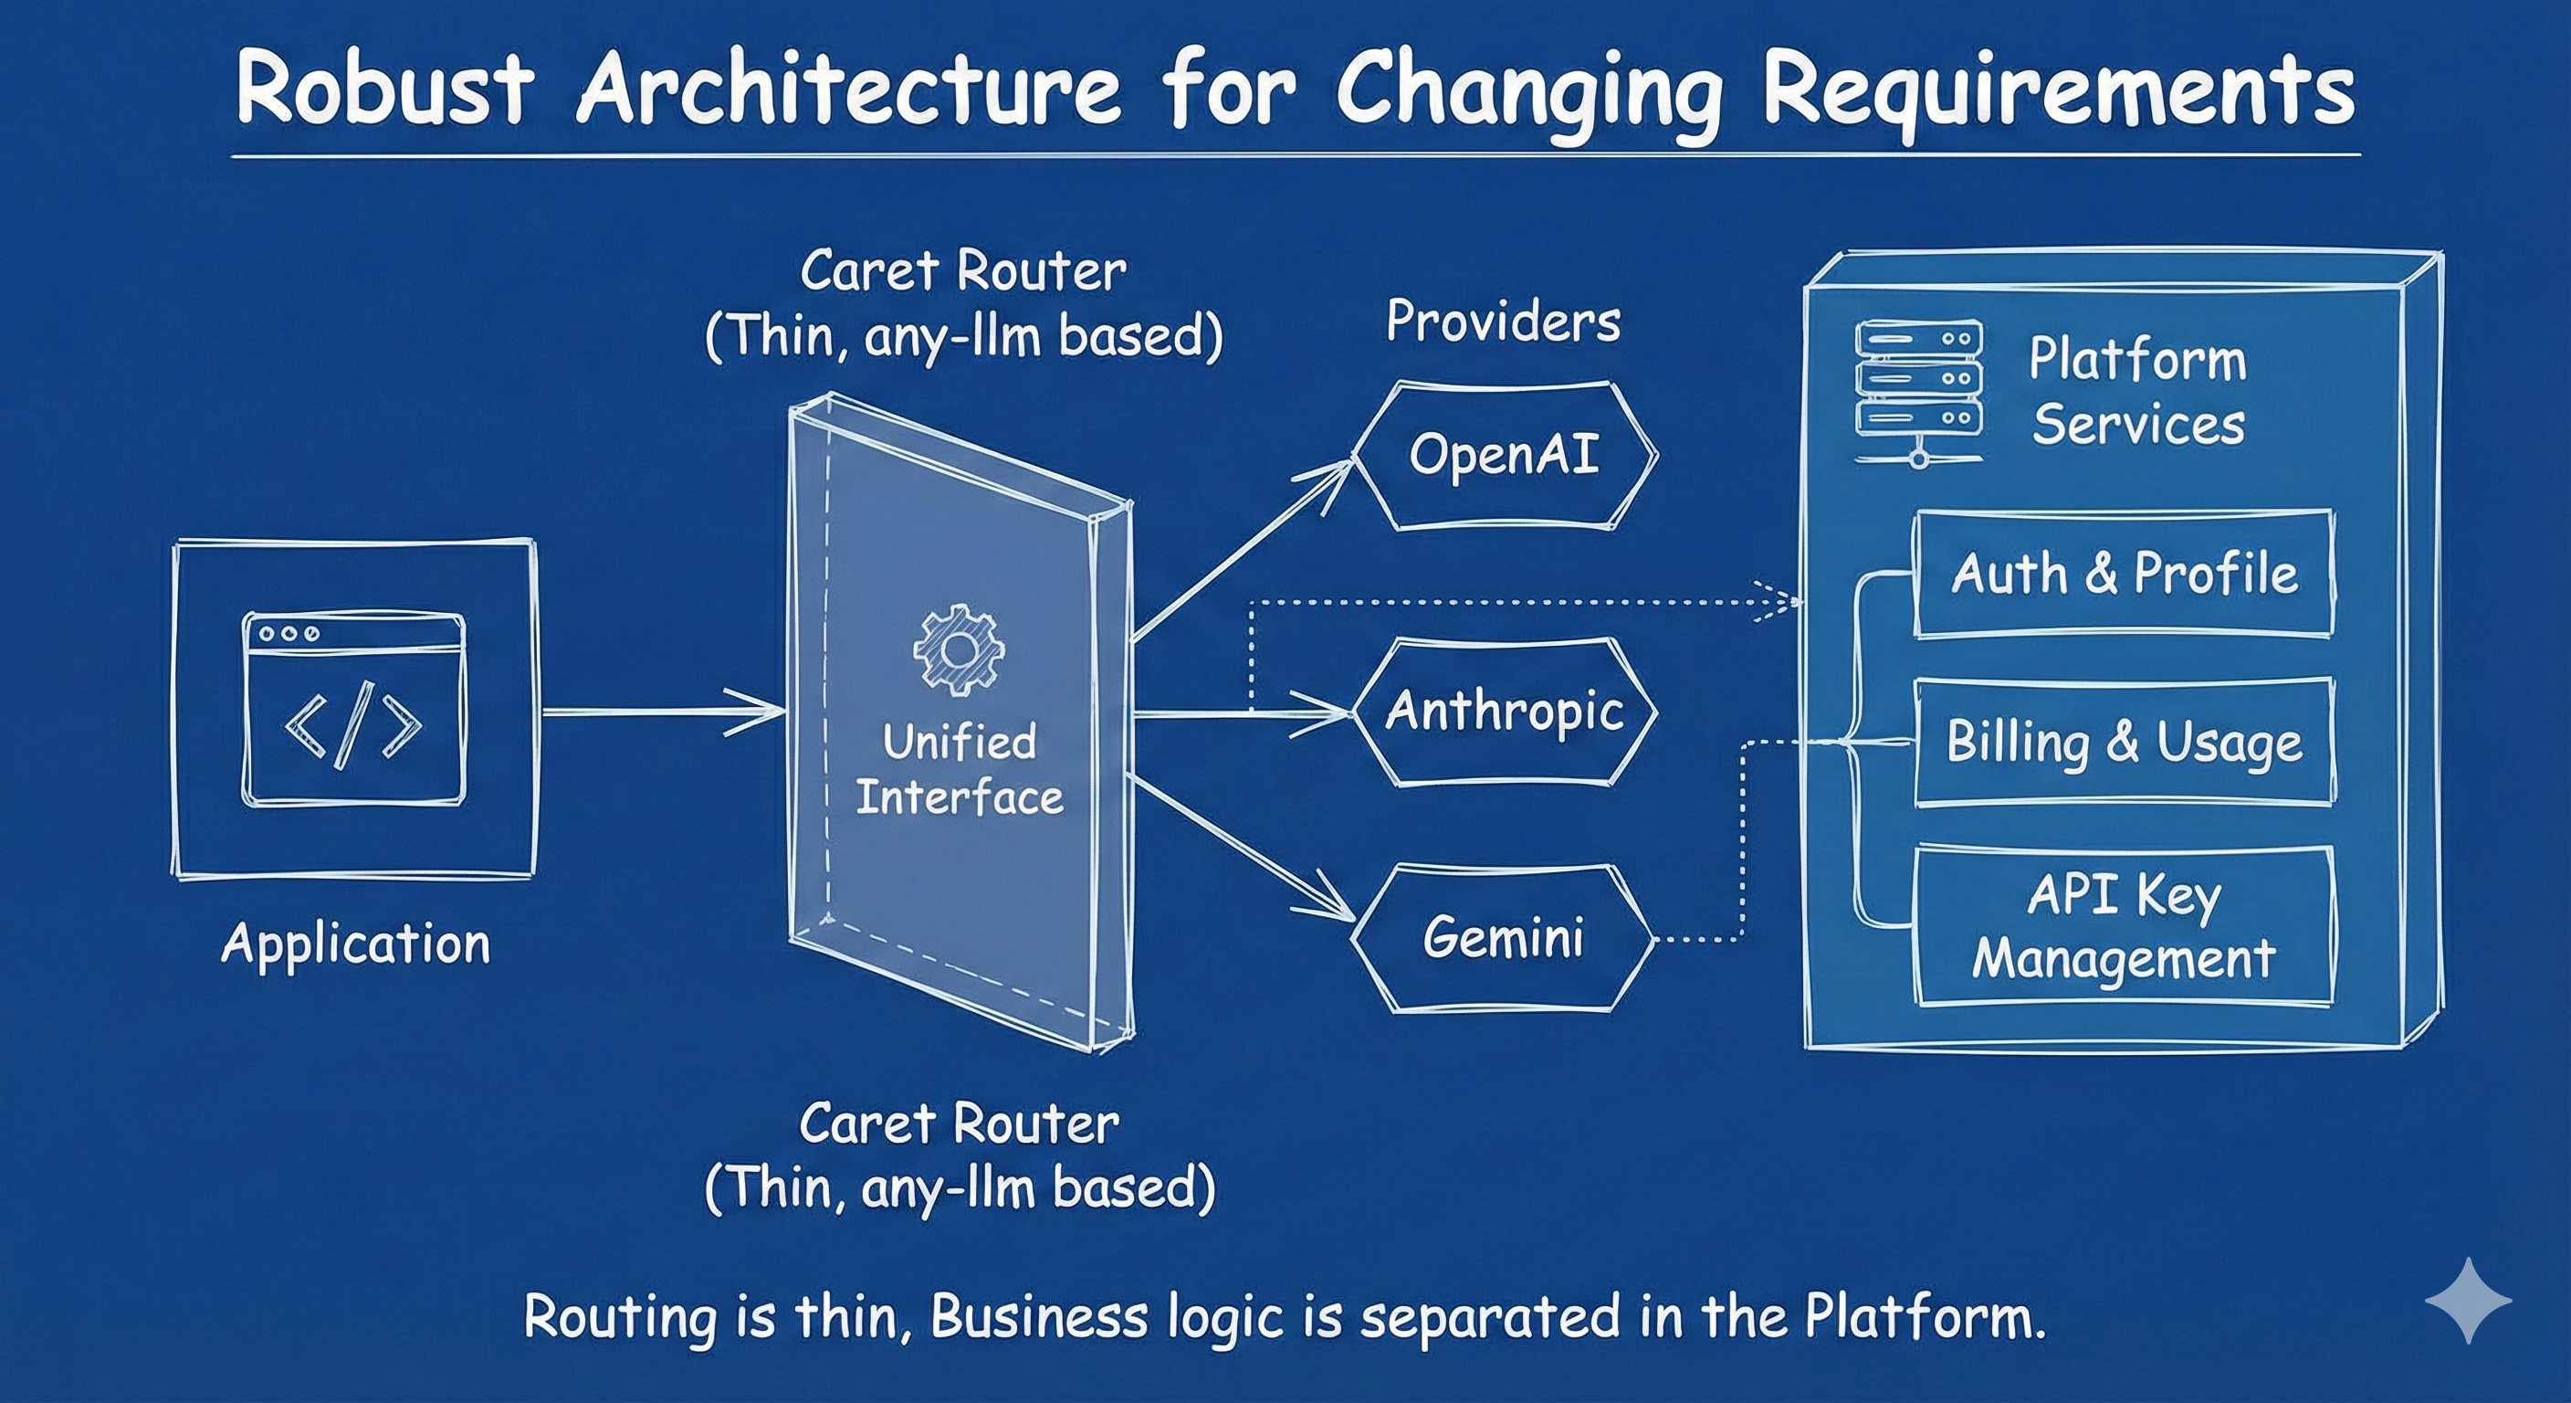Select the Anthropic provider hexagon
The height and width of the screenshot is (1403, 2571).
coord(1504,712)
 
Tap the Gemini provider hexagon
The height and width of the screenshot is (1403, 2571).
coord(1502,939)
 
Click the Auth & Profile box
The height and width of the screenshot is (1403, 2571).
coord(2124,575)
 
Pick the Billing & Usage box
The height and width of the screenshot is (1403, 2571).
coord(2124,742)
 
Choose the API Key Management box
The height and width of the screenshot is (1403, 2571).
coord(2124,925)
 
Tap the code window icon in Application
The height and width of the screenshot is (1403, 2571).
coord(353,709)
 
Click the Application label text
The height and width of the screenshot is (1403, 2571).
coord(355,944)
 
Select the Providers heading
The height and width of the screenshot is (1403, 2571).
coord(1503,322)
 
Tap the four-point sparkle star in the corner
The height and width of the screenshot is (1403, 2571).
coord(2468,1300)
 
